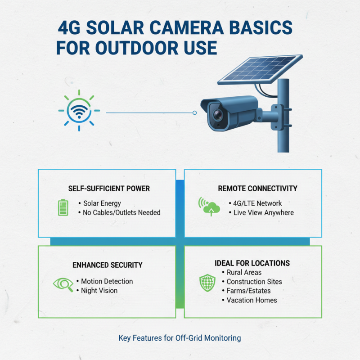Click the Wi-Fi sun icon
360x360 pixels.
pyautogui.click(x=79, y=110)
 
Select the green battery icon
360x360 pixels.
pyautogui.click(x=63, y=207)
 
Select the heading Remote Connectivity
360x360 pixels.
pyautogui.click(x=257, y=189)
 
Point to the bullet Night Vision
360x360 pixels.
pyautogui.click(x=99, y=291)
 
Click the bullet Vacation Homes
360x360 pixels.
pyautogui.click(x=252, y=300)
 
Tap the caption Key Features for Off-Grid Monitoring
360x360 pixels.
pyautogui.click(x=180, y=337)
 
